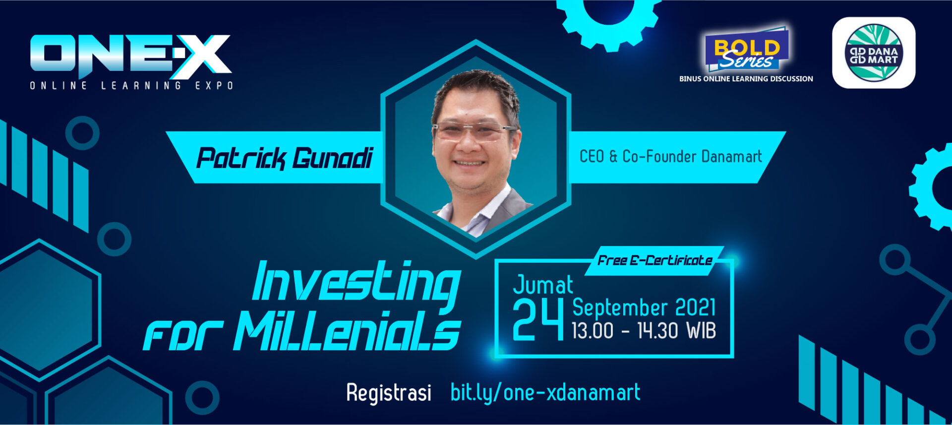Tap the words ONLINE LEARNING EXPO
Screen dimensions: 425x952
coord(131,86)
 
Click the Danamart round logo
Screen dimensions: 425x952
coord(874,53)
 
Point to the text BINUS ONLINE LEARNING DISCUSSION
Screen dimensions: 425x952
coord(746,79)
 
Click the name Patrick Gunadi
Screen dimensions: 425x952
coord(284,158)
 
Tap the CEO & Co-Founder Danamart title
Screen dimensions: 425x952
coord(670,157)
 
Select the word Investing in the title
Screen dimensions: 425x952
coord(356,283)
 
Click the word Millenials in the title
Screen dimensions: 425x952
coord(347,331)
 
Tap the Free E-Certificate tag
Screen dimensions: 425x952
coord(654,260)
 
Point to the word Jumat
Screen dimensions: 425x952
coord(543,285)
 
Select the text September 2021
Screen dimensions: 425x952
coord(644,308)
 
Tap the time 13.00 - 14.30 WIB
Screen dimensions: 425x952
coord(644,331)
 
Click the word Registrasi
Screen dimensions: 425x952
coord(389,393)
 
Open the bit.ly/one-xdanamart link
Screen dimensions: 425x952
coord(545,393)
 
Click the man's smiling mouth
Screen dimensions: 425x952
coord(469,163)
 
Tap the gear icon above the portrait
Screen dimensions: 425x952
coord(608,20)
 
